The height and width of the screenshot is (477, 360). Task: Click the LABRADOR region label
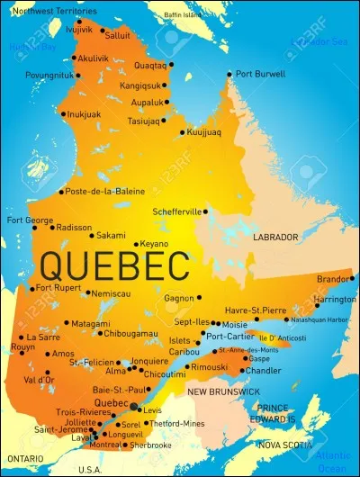point(274,237)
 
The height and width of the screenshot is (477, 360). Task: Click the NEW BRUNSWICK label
point(223,391)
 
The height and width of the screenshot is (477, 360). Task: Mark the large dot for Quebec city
point(135,407)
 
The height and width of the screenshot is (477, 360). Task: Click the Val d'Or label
point(40,380)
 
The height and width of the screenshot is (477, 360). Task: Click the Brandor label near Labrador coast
point(334,279)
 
